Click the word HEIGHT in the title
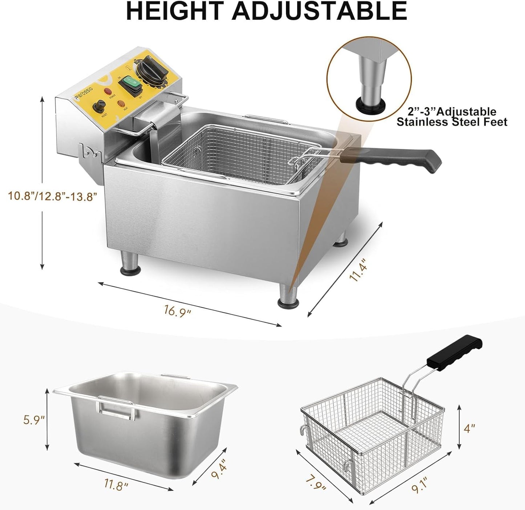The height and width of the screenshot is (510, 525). (173, 11)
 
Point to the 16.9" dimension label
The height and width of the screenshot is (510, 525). (177, 311)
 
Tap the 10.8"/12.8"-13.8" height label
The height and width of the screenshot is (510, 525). (53, 196)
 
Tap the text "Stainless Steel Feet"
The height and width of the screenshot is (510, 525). (452, 122)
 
